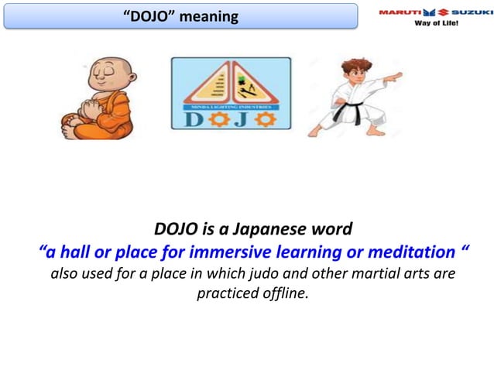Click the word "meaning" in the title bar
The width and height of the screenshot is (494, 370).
click(x=209, y=15)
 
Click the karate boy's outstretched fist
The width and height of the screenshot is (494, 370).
click(x=396, y=77)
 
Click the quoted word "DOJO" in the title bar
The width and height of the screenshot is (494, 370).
click(x=148, y=15)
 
